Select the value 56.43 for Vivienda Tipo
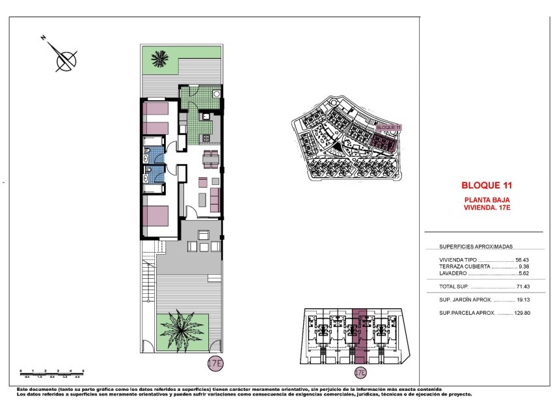(x=524, y=259)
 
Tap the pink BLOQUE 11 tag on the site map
(x=389, y=128)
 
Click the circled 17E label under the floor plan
(x=215, y=363)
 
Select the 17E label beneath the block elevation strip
(x=360, y=373)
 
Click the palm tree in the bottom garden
(x=183, y=328)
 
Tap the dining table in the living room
(x=209, y=158)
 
